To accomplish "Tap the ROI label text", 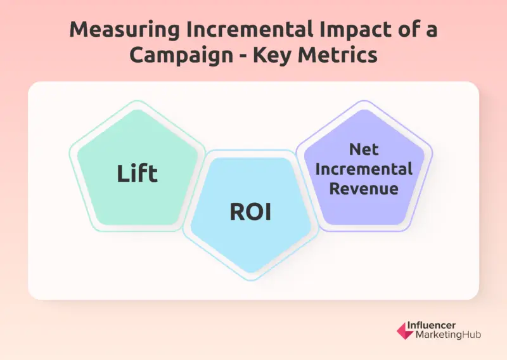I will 250,212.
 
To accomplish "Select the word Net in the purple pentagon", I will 364,150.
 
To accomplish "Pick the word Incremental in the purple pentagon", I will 364,169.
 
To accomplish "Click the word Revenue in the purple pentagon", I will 364,189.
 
